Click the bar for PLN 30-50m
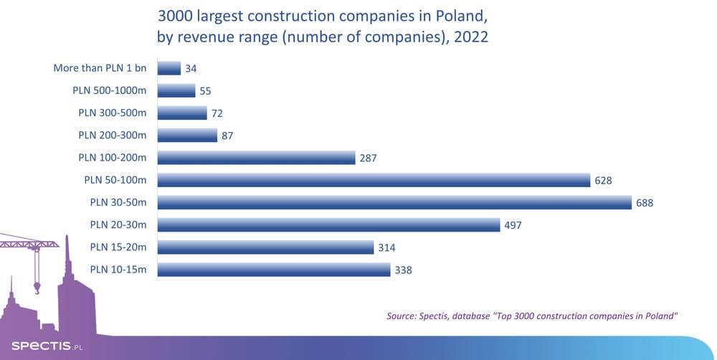pos(394,203)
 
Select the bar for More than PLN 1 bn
pos(168,68)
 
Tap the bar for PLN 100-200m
pos(256,158)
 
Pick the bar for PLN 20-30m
pos(328,225)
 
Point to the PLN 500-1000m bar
pos(176,91)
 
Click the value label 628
pos(603,181)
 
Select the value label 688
pos(645,203)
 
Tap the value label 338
pos(403,270)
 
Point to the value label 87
pos(227,136)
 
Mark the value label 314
pos(386,247)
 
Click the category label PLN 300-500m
pos(112,113)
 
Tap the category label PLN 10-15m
pos(118,270)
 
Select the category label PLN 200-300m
pos(112,136)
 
